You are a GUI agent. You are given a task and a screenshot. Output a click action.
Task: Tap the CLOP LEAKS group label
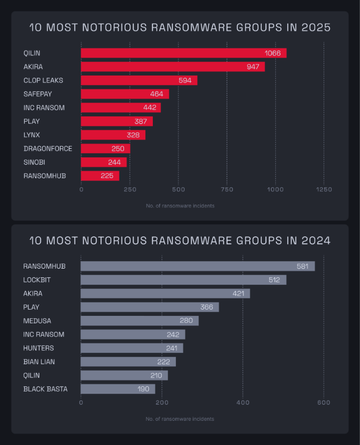(43, 80)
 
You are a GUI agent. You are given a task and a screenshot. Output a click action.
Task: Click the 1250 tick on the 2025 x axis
(324, 189)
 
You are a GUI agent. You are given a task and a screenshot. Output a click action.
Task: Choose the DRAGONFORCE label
(48, 149)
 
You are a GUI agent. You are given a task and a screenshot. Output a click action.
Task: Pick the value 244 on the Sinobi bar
(114, 163)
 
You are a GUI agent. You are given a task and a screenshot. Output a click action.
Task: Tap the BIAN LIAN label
(39, 361)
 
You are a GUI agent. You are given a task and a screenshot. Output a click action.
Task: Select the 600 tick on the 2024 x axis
(324, 402)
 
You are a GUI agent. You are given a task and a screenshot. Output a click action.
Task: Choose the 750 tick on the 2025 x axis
(227, 189)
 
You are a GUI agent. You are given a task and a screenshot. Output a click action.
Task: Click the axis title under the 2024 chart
(180, 419)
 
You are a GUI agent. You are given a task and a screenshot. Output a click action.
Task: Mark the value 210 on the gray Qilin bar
(155, 375)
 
